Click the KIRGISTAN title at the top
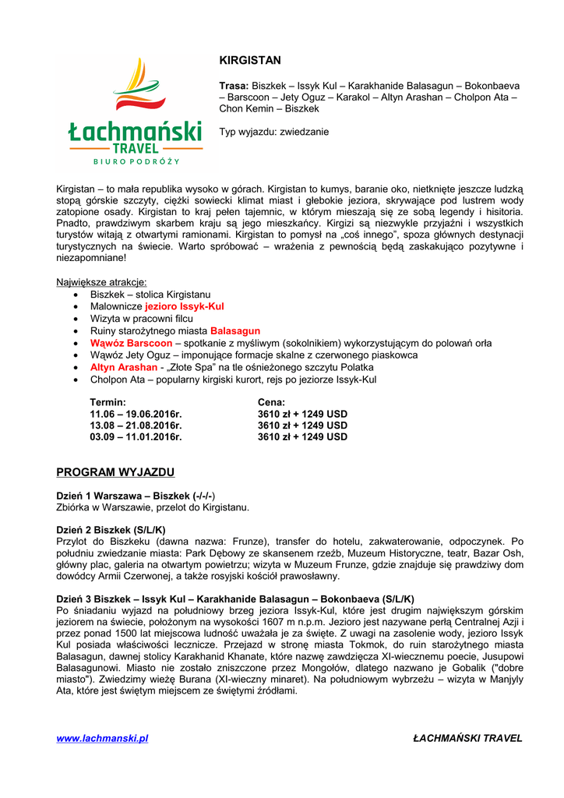(x=249, y=60)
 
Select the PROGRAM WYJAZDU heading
(x=115, y=472)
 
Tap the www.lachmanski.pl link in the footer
(x=102, y=738)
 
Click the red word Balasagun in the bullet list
(x=235, y=331)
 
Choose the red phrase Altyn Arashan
(x=124, y=367)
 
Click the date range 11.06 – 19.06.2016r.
(x=136, y=414)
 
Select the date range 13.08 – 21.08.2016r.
(x=136, y=425)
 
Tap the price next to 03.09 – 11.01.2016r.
(x=302, y=437)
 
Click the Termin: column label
(x=108, y=402)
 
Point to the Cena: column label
(x=271, y=402)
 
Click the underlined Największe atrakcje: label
(x=101, y=282)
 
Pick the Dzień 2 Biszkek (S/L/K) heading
(x=111, y=529)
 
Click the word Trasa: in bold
(x=234, y=85)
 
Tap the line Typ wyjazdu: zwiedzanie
(x=273, y=132)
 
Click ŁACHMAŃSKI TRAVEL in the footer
(x=467, y=738)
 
